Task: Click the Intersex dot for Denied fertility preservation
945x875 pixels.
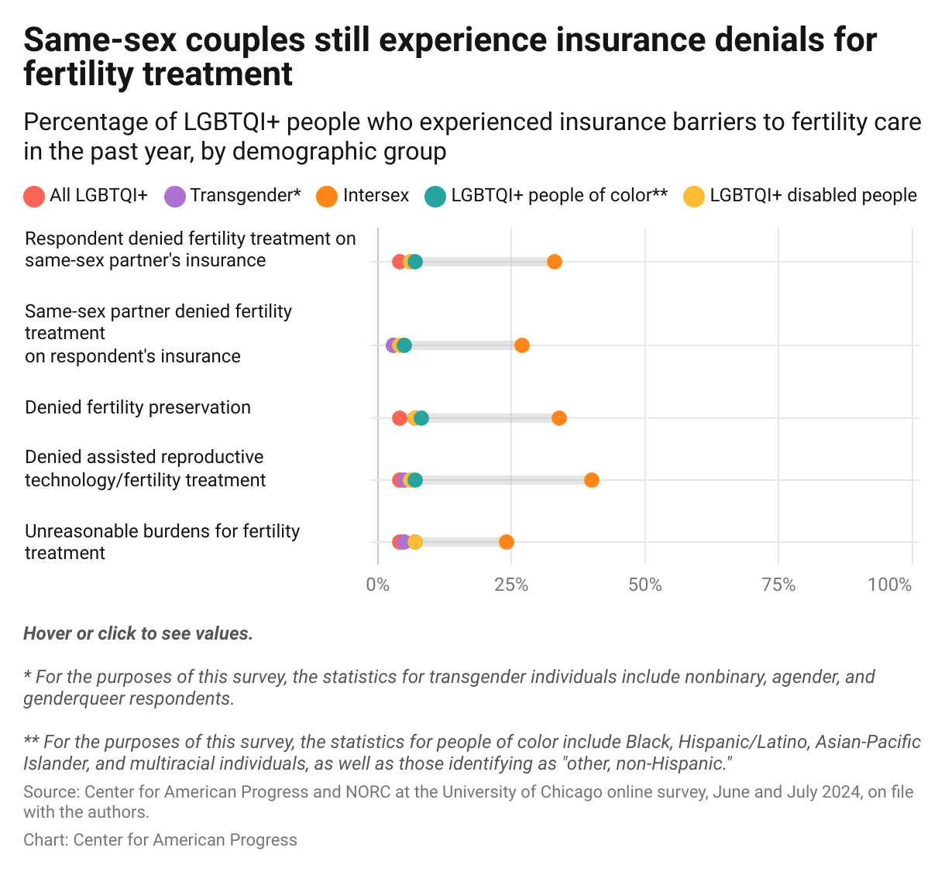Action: click(x=559, y=418)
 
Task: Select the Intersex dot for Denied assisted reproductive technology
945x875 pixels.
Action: click(x=592, y=480)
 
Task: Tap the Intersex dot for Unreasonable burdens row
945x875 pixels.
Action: click(x=507, y=542)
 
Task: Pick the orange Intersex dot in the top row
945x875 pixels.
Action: click(x=555, y=262)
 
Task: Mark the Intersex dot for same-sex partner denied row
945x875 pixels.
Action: click(x=522, y=345)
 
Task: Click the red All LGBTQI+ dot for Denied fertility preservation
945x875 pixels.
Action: click(x=399, y=418)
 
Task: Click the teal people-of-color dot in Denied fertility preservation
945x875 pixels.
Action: click(x=421, y=418)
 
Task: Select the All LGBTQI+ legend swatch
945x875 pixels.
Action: click(x=34, y=196)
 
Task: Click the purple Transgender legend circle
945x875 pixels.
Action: click(x=175, y=196)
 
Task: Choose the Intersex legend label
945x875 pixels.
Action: click(x=376, y=195)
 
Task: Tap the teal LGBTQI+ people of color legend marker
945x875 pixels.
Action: click(x=435, y=196)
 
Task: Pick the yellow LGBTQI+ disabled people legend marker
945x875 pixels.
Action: click(x=694, y=196)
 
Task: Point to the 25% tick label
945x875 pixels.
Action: click(x=511, y=585)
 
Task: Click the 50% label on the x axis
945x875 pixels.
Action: click(x=645, y=585)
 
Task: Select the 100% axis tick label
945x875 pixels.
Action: click(x=890, y=585)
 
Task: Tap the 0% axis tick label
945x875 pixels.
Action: click(x=378, y=585)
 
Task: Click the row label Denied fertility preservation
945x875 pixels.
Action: click(x=138, y=407)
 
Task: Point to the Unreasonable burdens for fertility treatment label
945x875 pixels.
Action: click(x=162, y=542)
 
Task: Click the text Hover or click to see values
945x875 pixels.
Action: click(x=138, y=633)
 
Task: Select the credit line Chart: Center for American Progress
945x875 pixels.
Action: click(x=160, y=840)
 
